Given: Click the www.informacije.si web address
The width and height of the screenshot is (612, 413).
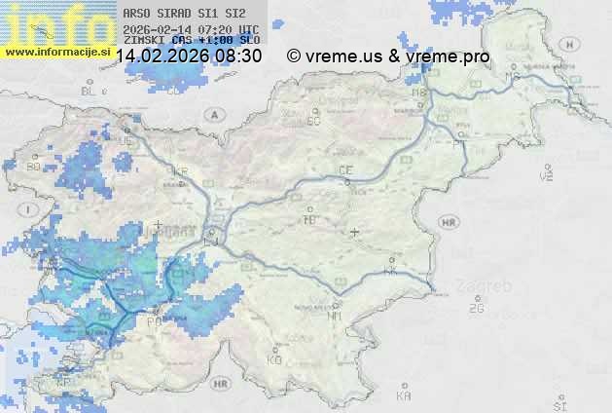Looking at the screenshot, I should [57, 51].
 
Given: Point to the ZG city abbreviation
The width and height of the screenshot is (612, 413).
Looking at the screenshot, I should [476, 309].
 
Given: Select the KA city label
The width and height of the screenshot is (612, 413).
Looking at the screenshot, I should [404, 395].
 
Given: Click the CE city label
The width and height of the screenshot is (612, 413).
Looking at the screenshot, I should [344, 170].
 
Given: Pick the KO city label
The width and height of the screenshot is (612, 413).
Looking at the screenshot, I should [274, 359].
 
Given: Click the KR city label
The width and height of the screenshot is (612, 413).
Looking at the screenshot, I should [179, 170].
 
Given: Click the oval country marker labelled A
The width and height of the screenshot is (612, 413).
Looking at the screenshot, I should [213, 114].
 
